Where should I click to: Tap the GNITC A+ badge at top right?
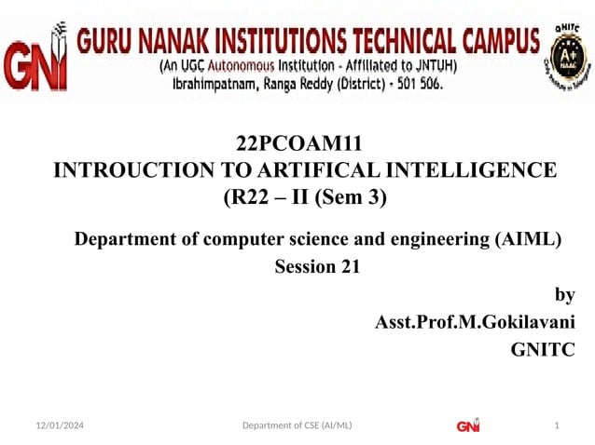[567, 56]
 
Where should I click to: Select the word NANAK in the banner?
[184, 41]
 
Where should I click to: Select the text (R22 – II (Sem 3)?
[304, 197]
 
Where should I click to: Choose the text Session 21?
[316, 268]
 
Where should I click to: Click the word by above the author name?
[564, 295]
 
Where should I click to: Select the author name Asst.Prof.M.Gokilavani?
[474, 322]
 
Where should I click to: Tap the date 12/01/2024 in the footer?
[53, 426]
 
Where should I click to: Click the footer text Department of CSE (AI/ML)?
[297, 426]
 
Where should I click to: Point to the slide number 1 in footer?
[557, 426]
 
